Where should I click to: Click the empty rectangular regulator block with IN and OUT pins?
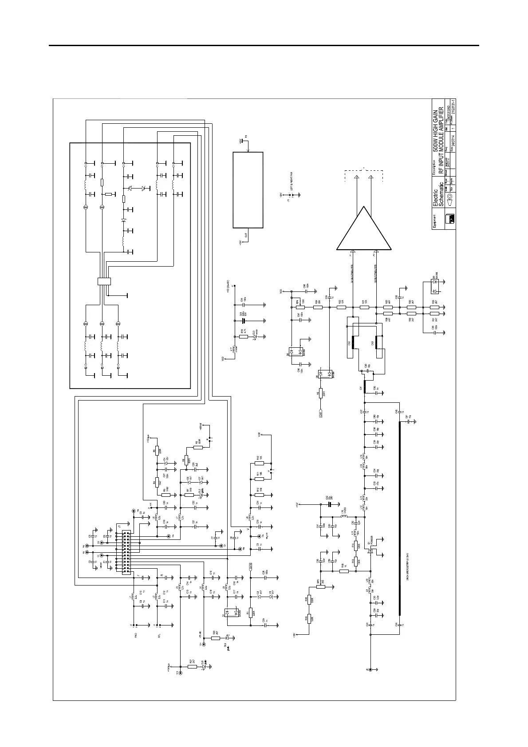coord(248,190)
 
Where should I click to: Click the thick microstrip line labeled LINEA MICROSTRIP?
coord(400,519)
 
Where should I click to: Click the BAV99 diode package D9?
coord(435,287)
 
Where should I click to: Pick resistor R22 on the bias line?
coord(341,307)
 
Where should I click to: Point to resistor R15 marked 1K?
coord(344,571)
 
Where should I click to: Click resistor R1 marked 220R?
coord(251,613)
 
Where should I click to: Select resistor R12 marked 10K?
coord(260,463)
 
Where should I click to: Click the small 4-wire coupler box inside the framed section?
coord(104,281)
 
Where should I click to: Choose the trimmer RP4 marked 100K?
coord(300,307)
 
